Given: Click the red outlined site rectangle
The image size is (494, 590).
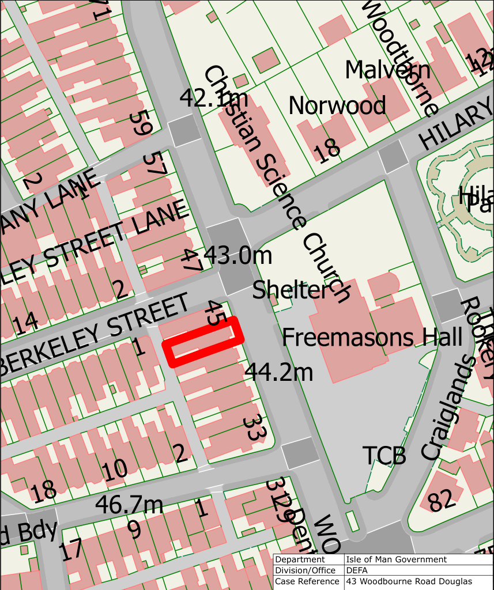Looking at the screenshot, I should point(203,342).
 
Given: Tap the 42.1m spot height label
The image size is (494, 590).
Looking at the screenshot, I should point(205,99).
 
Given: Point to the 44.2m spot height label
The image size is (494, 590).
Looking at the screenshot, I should point(279,373).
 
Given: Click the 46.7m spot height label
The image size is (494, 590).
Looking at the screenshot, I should point(129,505).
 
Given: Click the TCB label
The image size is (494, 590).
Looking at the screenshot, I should point(384,456).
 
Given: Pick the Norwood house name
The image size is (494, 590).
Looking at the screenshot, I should point(337,105).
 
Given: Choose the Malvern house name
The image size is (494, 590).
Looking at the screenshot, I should point(387,70).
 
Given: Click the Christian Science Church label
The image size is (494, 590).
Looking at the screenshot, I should point(276,184).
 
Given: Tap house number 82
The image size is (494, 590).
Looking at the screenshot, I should point(442,500).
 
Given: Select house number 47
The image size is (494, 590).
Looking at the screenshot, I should point(192,261).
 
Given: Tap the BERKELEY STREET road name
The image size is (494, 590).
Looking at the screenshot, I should point(95,334).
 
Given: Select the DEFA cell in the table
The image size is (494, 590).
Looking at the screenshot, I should point(357,570).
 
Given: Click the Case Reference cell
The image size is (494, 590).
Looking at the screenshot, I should point(308,581).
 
